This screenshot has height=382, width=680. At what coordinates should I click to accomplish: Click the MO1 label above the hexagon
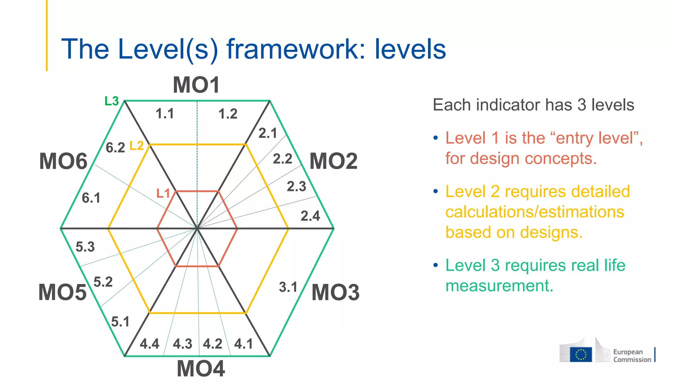(x=196, y=85)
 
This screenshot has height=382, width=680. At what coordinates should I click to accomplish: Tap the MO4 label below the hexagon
(x=201, y=369)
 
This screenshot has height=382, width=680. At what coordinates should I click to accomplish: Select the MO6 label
(x=63, y=161)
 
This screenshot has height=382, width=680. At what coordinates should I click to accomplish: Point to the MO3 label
(x=335, y=292)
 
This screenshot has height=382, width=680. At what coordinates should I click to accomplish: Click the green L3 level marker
(x=112, y=101)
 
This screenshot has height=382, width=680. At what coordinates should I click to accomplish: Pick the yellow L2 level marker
(x=136, y=146)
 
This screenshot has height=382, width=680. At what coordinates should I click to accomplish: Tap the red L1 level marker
(x=163, y=193)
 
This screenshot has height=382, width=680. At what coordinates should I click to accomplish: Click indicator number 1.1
(x=165, y=114)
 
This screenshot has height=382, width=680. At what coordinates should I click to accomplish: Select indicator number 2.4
(x=310, y=216)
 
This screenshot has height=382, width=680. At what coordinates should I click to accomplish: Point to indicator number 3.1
(x=288, y=287)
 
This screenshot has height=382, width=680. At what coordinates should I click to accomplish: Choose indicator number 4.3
(x=182, y=344)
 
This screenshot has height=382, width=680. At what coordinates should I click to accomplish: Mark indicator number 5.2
(x=103, y=282)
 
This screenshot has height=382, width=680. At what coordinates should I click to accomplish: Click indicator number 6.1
(x=91, y=198)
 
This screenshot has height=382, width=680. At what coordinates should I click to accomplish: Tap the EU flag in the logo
(x=581, y=354)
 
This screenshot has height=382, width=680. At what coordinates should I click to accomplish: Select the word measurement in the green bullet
(x=499, y=286)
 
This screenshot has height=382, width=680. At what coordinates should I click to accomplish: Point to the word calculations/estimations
(x=535, y=212)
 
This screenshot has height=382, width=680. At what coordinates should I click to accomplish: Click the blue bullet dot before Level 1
(x=436, y=138)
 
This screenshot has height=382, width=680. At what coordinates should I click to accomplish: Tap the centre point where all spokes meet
(x=197, y=228)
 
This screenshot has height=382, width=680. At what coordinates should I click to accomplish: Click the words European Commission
(x=632, y=355)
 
